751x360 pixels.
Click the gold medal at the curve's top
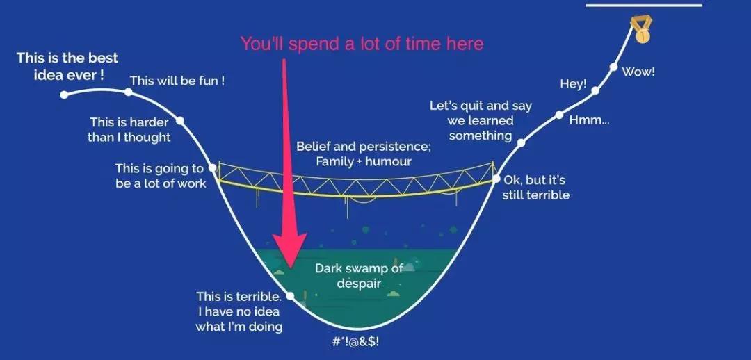[x=641, y=30]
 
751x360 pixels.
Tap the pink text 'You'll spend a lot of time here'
[x=362, y=44]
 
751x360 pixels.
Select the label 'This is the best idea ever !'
[x=67, y=67]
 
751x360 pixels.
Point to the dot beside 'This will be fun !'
[x=129, y=92]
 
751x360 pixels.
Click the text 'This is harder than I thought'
[x=129, y=130]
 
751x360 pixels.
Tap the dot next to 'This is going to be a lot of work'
[x=213, y=168]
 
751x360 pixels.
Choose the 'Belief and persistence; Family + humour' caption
[x=364, y=154]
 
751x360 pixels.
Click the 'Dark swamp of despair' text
[x=359, y=276]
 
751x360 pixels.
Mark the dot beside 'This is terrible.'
[x=290, y=296]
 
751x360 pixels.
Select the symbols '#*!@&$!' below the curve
[x=353, y=342]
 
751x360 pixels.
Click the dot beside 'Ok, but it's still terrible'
[x=496, y=179]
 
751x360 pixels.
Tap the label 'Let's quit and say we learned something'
[x=481, y=120]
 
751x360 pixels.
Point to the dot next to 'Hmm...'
[x=559, y=115]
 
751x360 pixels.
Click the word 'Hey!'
[x=573, y=84]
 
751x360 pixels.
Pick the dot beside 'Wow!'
[x=613, y=67]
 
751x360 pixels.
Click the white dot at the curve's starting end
[x=64, y=95]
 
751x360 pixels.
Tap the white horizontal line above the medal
[x=644, y=6]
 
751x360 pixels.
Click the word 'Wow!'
[x=638, y=72]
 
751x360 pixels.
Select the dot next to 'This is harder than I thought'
[x=180, y=121]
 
